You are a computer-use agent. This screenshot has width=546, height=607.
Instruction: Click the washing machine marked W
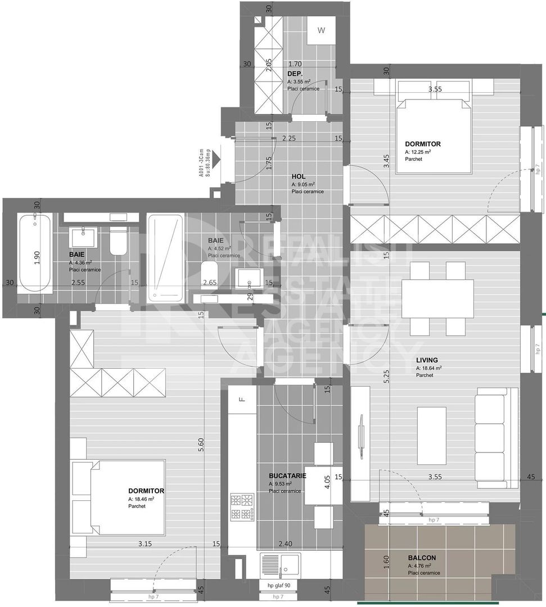[x=321, y=31]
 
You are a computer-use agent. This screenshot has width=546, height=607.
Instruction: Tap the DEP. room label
[x=295, y=74]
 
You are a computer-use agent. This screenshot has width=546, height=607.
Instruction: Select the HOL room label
[x=298, y=176]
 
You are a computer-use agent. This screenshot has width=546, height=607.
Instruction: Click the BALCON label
[x=421, y=558]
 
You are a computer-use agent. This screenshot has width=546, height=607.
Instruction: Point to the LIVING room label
[x=427, y=360]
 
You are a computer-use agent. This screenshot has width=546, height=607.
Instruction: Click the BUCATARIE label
[x=287, y=475]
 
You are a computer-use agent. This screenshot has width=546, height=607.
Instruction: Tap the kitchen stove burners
[x=242, y=506]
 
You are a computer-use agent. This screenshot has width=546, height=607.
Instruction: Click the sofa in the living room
[x=497, y=437]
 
